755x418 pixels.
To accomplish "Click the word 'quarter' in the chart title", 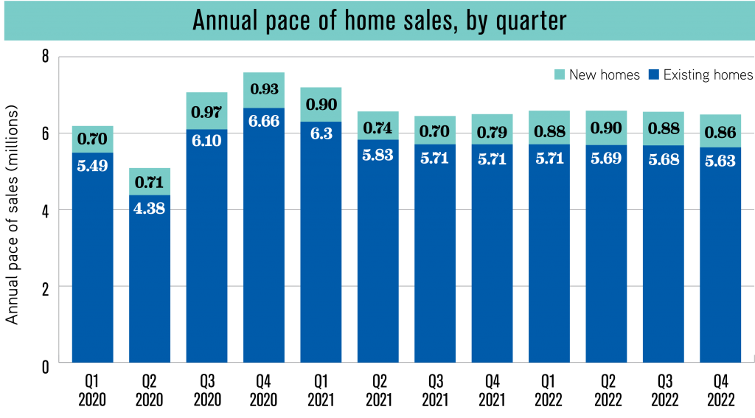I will [x=527, y=21].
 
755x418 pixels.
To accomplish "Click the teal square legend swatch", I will [x=560, y=74].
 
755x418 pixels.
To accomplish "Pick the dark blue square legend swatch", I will [x=653, y=74].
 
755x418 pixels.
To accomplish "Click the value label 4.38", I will [x=150, y=208].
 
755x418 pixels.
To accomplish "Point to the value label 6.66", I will [x=264, y=121].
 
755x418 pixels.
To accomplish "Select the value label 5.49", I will [x=92, y=166].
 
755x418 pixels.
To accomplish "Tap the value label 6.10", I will [x=206, y=141].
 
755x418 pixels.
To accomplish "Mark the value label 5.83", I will [x=377, y=154].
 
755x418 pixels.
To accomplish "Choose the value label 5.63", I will [x=720, y=161].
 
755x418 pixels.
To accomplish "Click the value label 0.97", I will [x=206, y=113].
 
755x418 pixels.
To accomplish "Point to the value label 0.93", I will [x=264, y=89].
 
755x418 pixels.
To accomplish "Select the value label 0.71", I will [x=150, y=182].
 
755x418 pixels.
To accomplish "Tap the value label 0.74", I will [x=377, y=128].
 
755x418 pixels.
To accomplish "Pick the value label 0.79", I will [x=492, y=132].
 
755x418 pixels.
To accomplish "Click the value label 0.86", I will [x=720, y=133].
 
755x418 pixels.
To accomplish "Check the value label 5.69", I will [x=606, y=159].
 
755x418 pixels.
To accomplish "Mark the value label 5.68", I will [x=663, y=159].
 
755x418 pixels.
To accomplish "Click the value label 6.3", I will [x=321, y=135].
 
